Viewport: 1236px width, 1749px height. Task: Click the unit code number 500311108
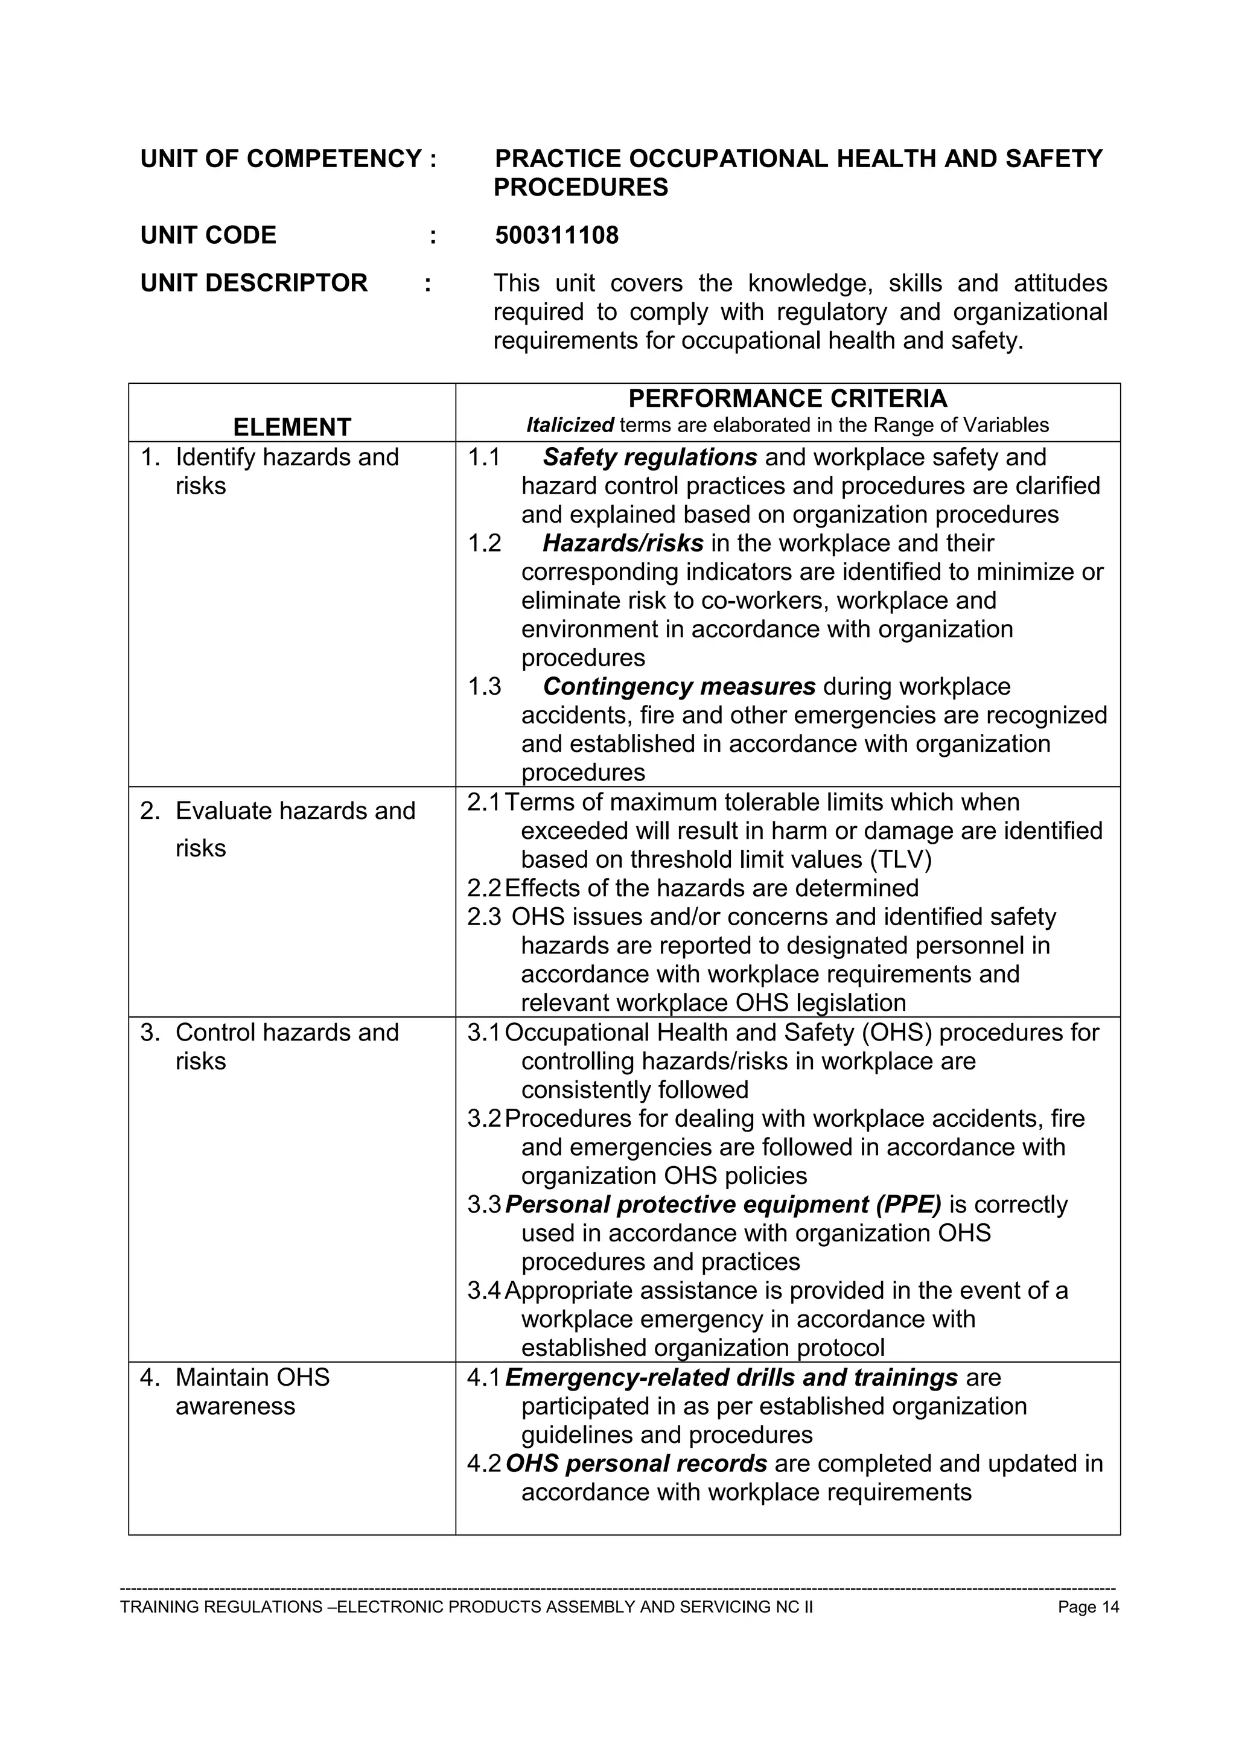point(556,235)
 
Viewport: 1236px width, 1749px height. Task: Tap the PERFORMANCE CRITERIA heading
point(788,398)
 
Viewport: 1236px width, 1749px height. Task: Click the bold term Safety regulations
point(649,457)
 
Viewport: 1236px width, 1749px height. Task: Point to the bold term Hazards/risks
point(623,543)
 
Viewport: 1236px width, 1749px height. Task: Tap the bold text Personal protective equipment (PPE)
point(723,1205)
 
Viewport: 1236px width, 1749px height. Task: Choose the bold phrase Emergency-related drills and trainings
point(731,1377)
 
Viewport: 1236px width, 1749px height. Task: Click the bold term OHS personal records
point(636,1464)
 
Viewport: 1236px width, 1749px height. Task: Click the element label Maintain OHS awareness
point(252,1392)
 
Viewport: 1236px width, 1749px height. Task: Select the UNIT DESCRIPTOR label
point(253,282)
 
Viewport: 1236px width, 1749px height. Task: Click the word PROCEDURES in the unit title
point(581,187)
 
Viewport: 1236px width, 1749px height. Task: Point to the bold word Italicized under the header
point(570,425)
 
